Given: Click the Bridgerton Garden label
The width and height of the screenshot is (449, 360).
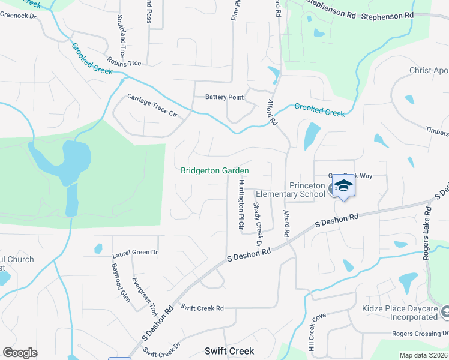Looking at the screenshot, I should [x=215, y=170].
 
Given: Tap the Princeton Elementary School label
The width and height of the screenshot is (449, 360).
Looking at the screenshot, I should [x=291, y=190].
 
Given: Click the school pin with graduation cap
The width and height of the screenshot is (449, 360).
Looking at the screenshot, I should [x=343, y=186].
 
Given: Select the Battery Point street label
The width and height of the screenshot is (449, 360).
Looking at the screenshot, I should [x=224, y=97].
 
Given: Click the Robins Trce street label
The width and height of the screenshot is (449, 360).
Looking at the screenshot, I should [x=124, y=62].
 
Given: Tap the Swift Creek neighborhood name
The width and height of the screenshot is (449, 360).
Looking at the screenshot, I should [x=229, y=351].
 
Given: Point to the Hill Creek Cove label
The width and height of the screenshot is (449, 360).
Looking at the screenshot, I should [x=315, y=331].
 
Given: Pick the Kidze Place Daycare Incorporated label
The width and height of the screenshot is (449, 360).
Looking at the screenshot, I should [x=400, y=313].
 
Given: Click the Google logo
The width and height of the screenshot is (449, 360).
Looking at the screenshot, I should [x=20, y=352].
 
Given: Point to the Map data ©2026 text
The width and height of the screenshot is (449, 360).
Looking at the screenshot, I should [x=422, y=355].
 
